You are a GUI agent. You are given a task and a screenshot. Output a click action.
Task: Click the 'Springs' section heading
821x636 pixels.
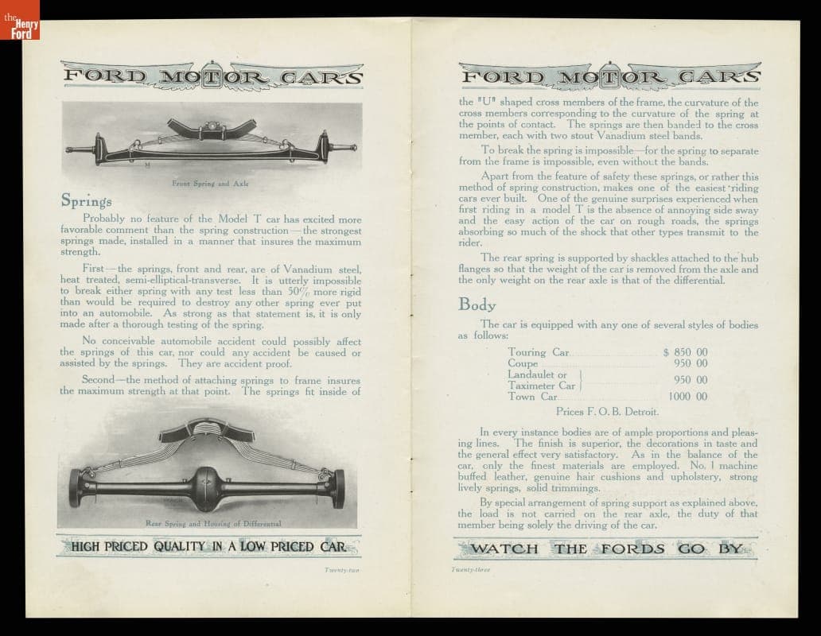[87, 201]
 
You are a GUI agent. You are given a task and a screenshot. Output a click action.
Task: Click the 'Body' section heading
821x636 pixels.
[477, 304]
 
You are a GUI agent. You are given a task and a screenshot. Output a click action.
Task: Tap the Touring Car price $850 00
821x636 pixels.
[685, 352]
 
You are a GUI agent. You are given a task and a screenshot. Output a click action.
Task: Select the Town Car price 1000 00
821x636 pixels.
[687, 397]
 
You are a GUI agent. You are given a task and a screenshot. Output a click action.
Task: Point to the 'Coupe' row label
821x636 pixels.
[523, 363]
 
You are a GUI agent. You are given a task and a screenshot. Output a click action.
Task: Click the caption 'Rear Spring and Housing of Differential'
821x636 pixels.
[213, 523]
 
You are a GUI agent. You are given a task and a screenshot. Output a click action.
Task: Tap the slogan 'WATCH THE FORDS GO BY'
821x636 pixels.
[607, 549]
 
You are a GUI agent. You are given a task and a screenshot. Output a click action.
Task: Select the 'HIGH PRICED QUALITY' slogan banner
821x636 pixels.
[208, 546]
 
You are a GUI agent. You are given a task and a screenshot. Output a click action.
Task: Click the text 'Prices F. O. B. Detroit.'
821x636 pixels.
[608, 412]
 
